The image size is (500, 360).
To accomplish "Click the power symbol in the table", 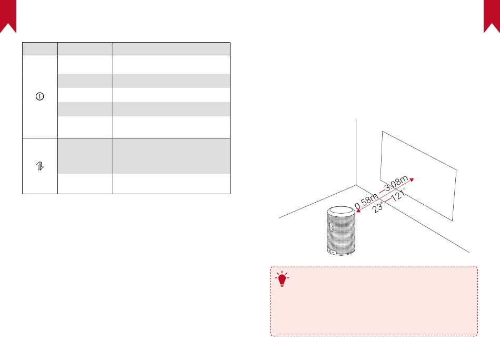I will (x=40, y=96).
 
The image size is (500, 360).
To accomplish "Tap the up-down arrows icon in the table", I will (x=40, y=166).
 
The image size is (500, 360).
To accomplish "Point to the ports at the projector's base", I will (x=333, y=251).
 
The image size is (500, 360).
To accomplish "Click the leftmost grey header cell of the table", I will (x=40, y=48).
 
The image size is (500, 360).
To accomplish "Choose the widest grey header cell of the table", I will (x=172, y=48).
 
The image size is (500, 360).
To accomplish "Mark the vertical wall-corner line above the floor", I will (x=357, y=153).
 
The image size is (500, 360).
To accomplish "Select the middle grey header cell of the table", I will (x=85, y=48).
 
